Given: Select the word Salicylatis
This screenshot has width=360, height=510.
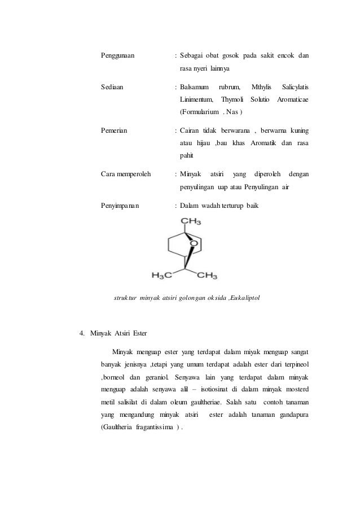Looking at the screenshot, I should click(295, 87).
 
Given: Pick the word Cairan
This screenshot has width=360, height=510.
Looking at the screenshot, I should click(192, 130).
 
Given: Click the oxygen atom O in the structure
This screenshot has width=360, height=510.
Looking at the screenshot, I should click(194, 245).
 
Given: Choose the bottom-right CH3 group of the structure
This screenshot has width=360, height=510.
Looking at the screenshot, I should click(207, 276).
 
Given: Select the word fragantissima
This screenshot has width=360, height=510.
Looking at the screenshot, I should click(149, 426).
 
